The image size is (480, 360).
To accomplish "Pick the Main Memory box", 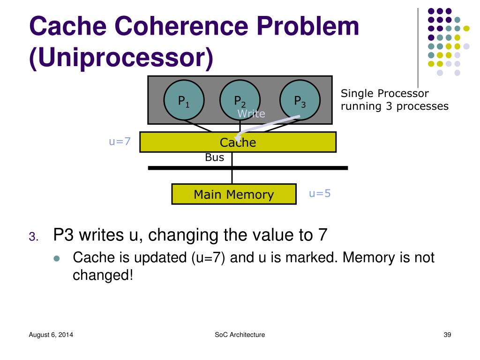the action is pos(234,194).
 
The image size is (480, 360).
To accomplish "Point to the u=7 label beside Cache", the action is pos(120,141).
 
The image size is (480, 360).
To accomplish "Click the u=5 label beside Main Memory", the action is pos(320,193).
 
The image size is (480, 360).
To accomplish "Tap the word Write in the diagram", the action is pos(251,114).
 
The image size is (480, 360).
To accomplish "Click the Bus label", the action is pos(215,157).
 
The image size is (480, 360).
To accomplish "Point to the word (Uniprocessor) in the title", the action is pos(121,57).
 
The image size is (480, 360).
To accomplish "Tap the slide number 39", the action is pos(447,335).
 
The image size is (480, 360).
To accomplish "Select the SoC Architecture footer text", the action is pos(240,335).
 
